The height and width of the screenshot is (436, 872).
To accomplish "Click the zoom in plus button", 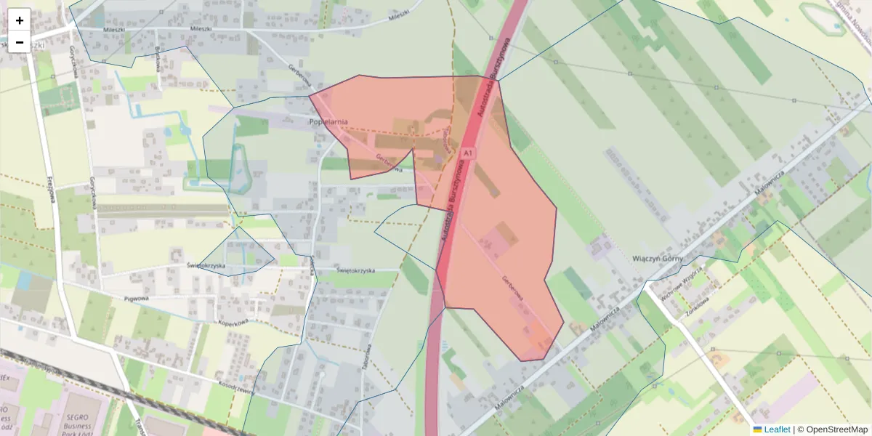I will point(20,20).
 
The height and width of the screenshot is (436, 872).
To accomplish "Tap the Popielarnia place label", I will point(328,121).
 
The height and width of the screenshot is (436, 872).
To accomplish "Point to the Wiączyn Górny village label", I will point(659,259).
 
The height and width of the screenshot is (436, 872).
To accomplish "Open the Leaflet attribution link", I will point(777,429).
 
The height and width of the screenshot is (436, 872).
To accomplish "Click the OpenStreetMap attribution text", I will point(836,429).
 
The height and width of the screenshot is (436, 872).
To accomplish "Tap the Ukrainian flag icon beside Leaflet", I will point(758,429).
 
